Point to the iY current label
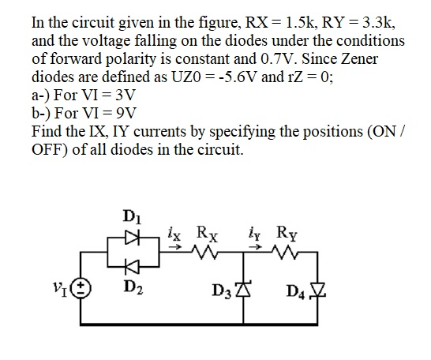point(269,234)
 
